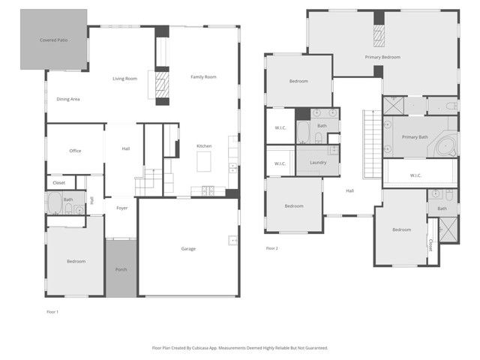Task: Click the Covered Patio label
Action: (52, 39)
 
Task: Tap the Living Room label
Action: (124, 78)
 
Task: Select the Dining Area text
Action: (68, 99)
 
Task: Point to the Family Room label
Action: (202, 76)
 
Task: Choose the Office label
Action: (75, 151)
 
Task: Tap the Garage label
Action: (187, 248)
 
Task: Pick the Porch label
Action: (120, 269)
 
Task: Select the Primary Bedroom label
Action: (382, 57)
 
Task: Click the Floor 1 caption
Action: (52, 310)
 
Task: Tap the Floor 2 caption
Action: (271, 248)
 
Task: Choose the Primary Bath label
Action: (414, 137)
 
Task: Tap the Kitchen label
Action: (204, 145)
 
